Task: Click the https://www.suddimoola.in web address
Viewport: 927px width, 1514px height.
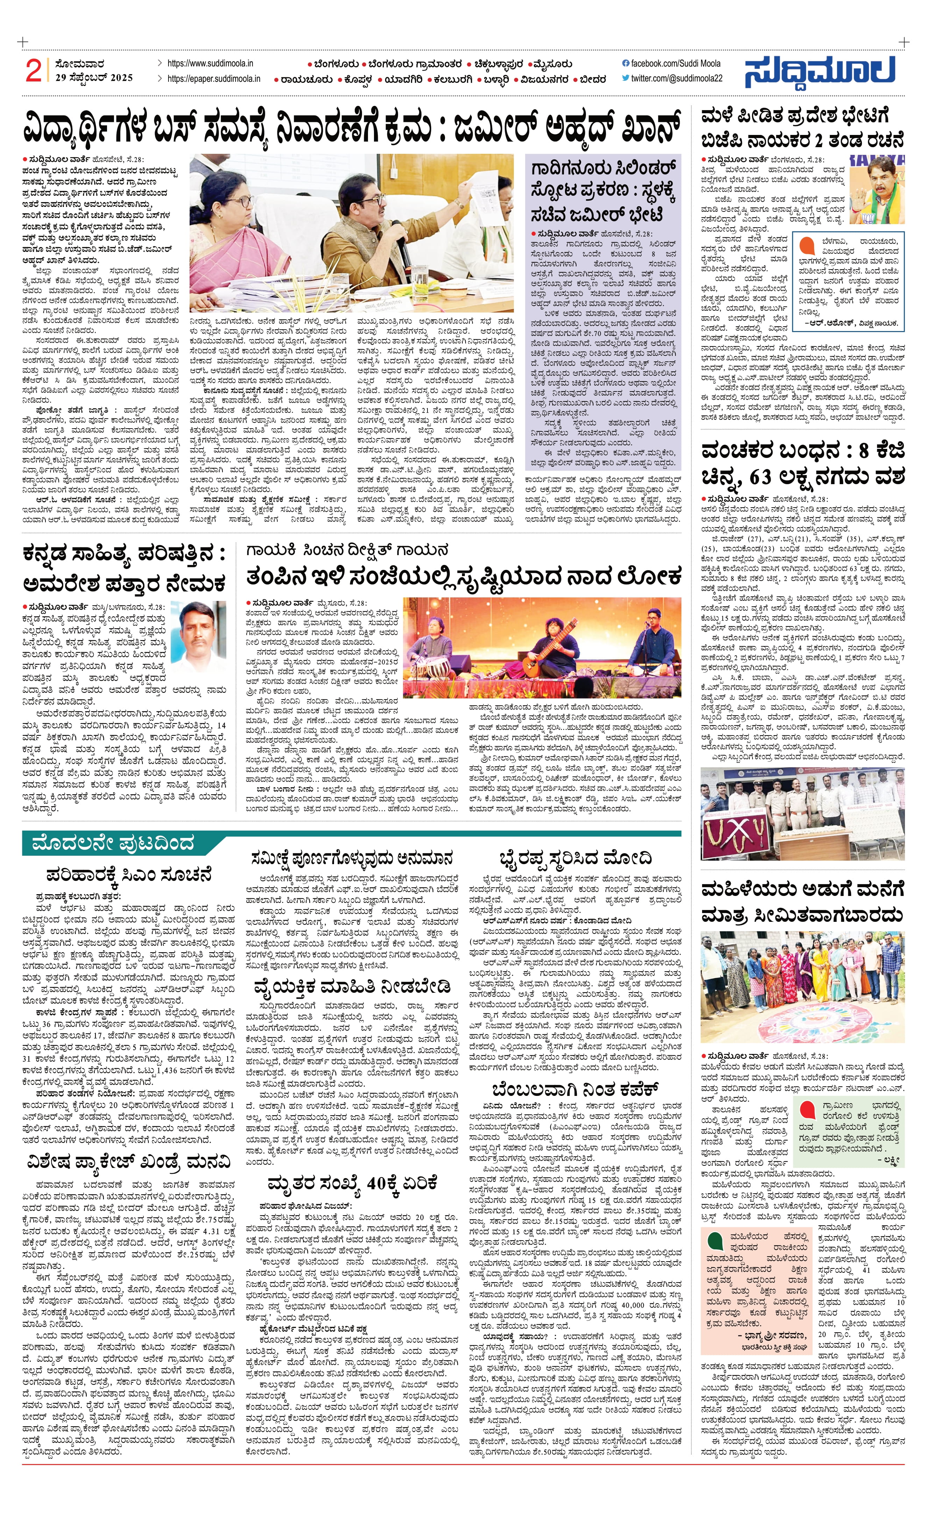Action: [210, 63]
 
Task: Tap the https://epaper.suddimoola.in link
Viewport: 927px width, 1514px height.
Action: [214, 79]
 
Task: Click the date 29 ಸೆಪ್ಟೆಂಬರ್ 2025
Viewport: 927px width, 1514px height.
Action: [93, 78]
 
